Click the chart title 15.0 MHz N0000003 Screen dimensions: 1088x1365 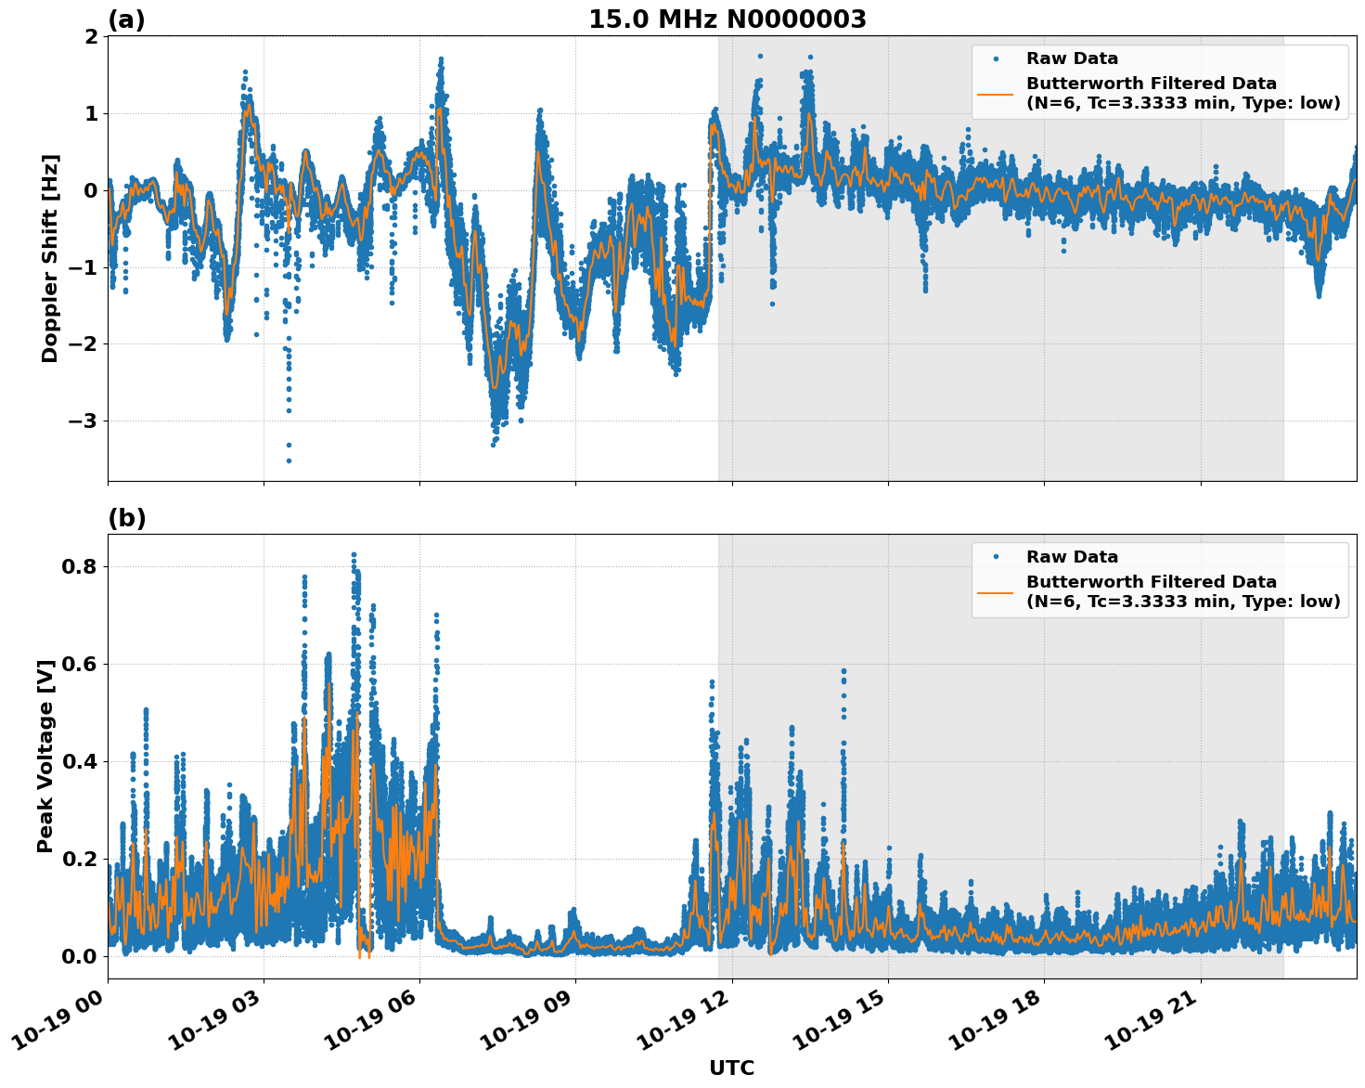point(727,19)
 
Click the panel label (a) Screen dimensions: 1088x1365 point(126,19)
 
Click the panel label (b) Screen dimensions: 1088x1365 point(126,518)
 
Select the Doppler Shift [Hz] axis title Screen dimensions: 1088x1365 point(50,258)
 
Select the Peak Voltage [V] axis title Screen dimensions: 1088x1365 point(45,756)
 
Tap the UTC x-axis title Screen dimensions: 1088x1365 point(731,1068)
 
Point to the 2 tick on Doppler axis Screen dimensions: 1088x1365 point(91,37)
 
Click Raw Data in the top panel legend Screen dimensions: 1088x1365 point(1072,58)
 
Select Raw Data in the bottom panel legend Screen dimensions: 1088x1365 point(1072,557)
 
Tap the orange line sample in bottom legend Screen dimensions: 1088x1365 point(996,591)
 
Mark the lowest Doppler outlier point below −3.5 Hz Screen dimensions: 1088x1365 point(289,460)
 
